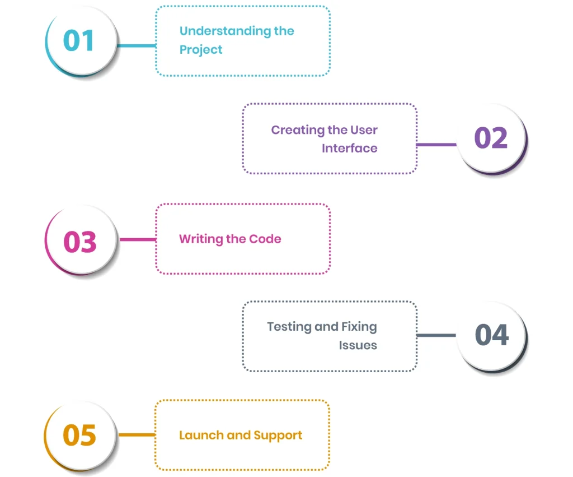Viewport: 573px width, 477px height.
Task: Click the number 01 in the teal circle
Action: [79, 41]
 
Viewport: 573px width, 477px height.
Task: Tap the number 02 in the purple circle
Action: [491, 138]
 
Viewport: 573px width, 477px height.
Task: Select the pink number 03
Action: [80, 241]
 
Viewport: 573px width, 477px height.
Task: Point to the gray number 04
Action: [491, 335]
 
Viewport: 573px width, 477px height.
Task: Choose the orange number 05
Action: [79, 436]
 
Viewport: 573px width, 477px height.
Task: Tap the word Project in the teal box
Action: [201, 50]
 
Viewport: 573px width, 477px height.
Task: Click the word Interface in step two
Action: [349, 149]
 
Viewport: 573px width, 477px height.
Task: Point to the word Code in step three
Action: [265, 239]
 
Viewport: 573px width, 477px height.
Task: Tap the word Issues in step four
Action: [358, 345]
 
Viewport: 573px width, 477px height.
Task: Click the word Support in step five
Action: [278, 436]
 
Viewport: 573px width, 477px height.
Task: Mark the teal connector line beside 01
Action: [137, 45]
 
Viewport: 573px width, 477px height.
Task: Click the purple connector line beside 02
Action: [436, 145]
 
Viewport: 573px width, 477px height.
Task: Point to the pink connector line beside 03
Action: [138, 240]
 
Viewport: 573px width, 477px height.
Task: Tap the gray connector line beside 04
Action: [436, 336]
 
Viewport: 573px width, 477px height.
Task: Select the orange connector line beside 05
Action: [137, 435]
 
